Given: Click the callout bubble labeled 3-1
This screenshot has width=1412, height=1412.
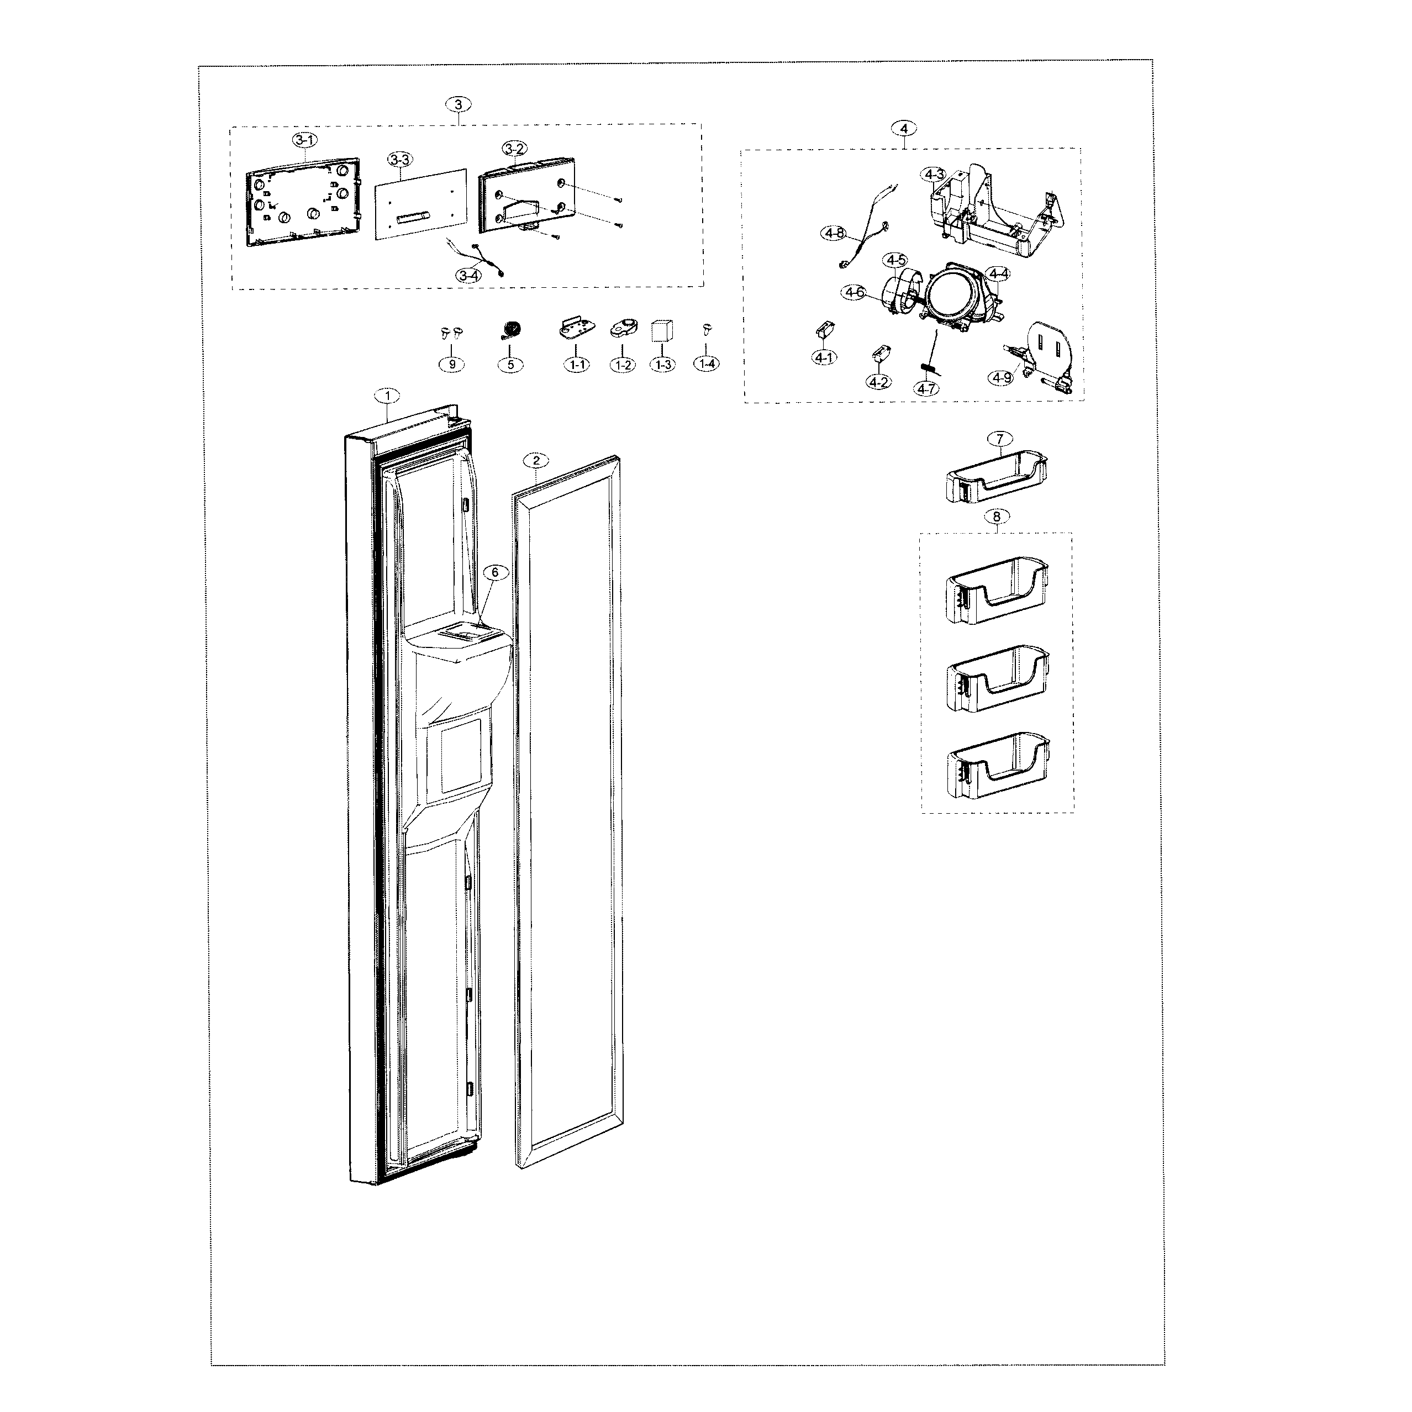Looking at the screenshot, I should (x=305, y=140).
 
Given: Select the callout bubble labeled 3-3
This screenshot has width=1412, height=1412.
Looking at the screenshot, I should (x=400, y=159).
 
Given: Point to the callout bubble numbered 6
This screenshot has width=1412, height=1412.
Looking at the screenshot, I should (x=495, y=572).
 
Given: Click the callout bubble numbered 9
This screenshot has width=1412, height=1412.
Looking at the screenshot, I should (x=452, y=364).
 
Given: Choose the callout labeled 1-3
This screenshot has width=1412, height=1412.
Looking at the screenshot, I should (x=663, y=364).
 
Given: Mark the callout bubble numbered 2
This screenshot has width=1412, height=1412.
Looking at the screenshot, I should (x=536, y=460).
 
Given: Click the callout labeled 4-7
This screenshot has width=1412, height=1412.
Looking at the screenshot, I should (x=926, y=389).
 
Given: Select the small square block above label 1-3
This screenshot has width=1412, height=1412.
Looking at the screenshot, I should (x=662, y=331).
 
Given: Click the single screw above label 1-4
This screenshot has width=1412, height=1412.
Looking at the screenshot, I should (x=707, y=330).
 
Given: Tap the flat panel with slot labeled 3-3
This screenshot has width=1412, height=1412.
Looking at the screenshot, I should (x=421, y=202).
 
